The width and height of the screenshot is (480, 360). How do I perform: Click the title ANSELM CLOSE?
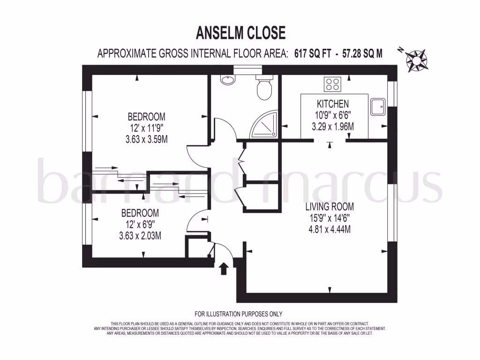click(x=240, y=33)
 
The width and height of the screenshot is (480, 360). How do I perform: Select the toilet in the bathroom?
click(x=264, y=88)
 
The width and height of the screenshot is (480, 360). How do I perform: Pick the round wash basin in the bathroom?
click(x=228, y=81)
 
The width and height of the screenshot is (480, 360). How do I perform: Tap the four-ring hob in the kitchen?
click(x=333, y=84)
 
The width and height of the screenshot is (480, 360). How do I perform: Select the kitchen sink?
click(x=377, y=107)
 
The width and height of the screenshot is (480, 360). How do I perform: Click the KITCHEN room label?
click(x=333, y=104)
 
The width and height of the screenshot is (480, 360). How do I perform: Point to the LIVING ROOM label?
click(x=330, y=207)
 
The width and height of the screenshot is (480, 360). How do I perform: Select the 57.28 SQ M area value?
click(x=362, y=54)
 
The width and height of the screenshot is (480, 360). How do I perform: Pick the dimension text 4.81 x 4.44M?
click(x=330, y=229)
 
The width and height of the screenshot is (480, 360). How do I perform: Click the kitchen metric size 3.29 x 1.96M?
click(x=333, y=126)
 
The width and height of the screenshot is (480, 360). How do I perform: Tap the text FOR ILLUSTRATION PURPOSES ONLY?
click(x=239, y=314)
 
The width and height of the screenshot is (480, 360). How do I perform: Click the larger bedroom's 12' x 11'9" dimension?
click(x=147, y=127)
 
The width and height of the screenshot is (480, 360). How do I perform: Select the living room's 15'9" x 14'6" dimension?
click(x=330, y=218)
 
